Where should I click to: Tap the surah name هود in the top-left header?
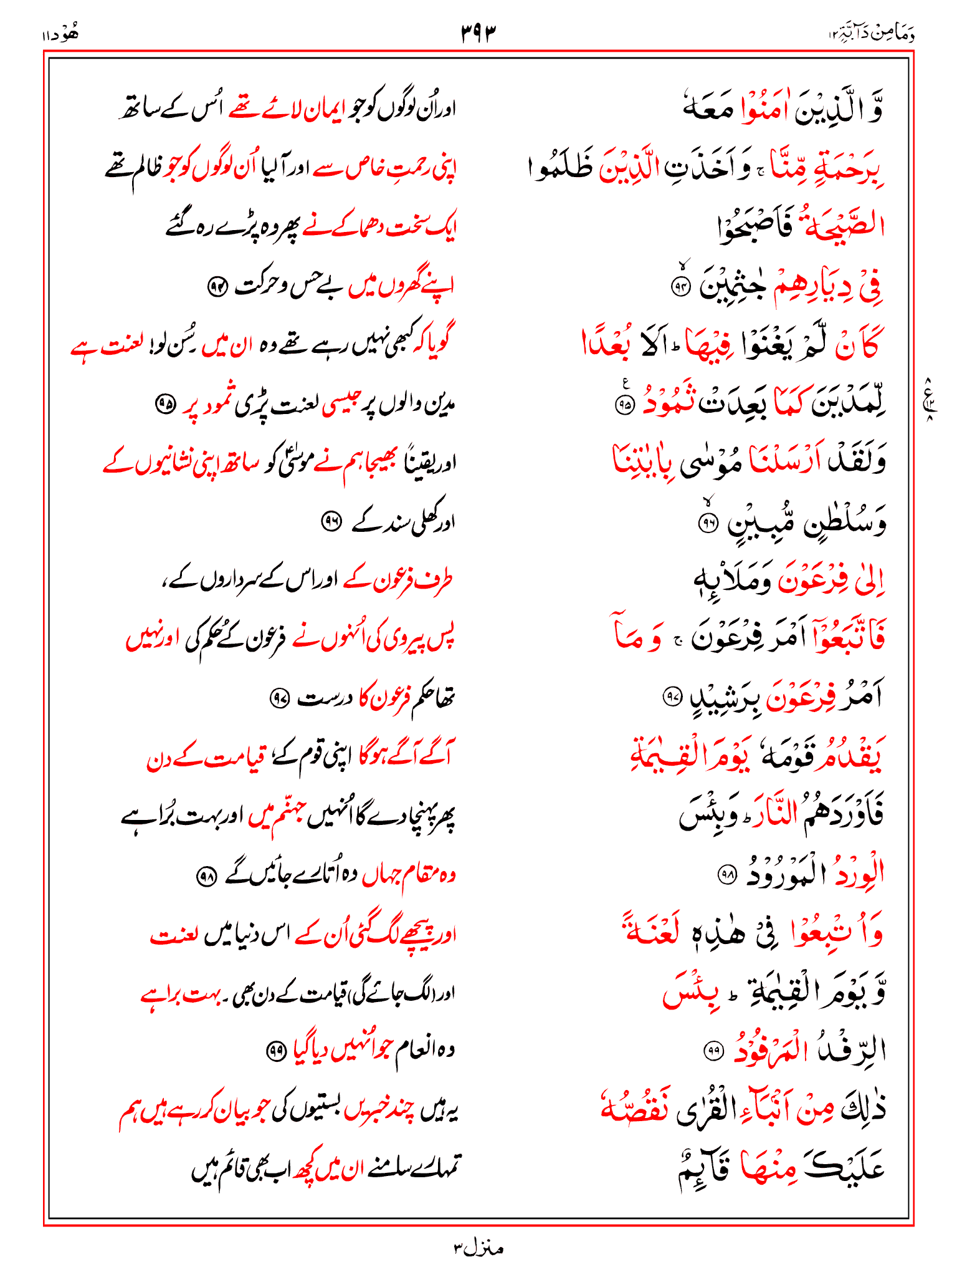(61, 34)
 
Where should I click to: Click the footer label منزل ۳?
(478, 1248)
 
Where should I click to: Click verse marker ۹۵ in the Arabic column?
(624, 405)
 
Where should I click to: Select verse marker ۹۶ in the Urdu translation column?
(330, 521)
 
